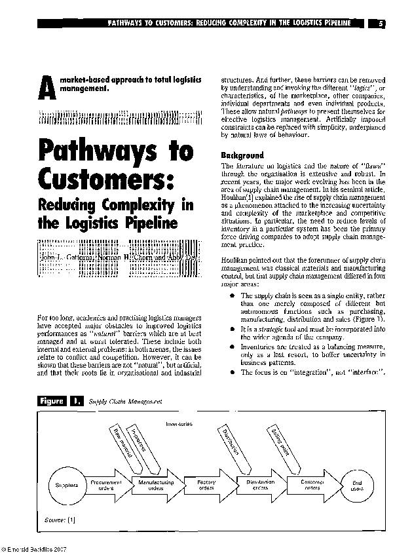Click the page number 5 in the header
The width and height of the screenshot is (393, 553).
[x=381, y=23]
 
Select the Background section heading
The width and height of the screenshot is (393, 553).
[x=242, y=155]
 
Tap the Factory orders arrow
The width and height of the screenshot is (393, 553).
[x=206, y=486]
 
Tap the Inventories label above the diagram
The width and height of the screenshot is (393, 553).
[x=179, y=424]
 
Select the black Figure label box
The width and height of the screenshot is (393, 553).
[x=52, y=400]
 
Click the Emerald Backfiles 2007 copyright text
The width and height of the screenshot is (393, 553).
[x=34, y=548]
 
